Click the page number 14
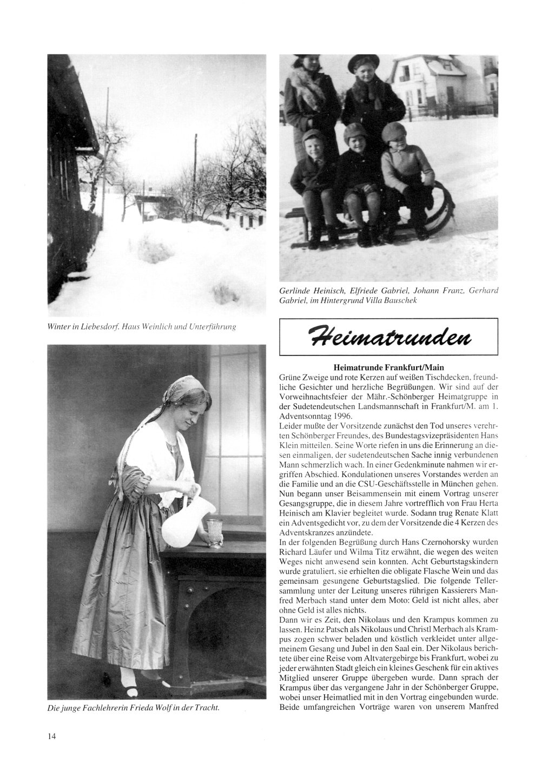[x=52, y=736]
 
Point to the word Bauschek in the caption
[x=396, y=300]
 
